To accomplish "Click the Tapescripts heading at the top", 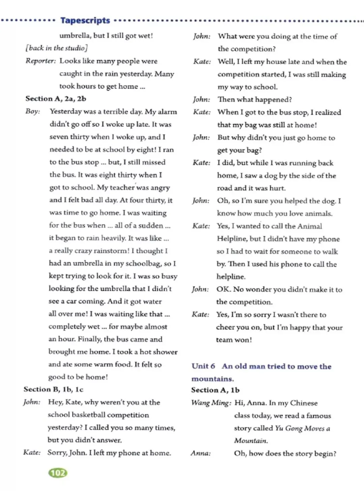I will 85,21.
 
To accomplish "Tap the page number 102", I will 58,473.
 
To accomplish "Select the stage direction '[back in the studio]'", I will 57,48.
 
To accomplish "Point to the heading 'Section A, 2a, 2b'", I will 56,99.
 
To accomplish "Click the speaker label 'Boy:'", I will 33,112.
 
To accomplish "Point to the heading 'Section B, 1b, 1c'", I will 53,390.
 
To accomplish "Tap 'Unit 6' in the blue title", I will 203,366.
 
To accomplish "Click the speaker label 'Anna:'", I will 201,453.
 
